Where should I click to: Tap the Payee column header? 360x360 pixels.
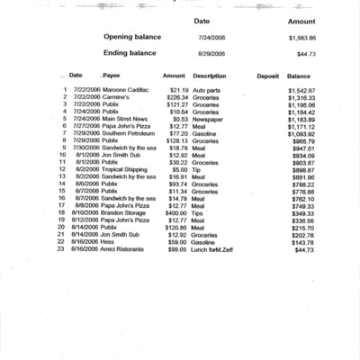pos(112,76)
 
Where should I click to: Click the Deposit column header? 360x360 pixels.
pos(267,76)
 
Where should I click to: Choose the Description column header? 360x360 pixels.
pos(210,76)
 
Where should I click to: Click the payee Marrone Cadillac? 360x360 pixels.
pos(122,91)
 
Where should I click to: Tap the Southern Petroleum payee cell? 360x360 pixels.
pos(126,133)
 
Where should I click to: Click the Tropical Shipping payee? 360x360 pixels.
pos(123,169)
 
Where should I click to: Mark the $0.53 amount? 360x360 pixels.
pos(179,119)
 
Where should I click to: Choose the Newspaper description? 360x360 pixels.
pos(208,119)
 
